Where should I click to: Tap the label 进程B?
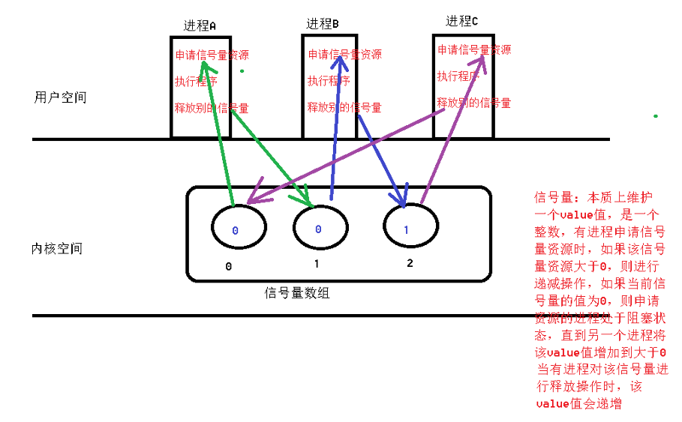(x=322, y=24)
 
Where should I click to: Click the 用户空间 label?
(x=60, y=98)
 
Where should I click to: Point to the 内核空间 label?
(x=57, y=249)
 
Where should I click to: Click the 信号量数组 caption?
(x=297, y=293)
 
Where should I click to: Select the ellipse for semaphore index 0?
(x=239, y=229)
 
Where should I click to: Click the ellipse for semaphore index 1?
(x=320, y=228)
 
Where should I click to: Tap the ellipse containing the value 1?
(x=410, y=227)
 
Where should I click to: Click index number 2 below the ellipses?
(x=410, y=263)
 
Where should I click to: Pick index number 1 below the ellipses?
(x=317, y=264)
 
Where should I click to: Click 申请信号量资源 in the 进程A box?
(x=212, y=55)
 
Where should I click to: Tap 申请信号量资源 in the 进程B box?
(x=344, y=55)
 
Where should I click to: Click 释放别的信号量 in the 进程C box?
(x=474, y=103)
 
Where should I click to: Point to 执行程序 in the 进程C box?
(x=458, y=76)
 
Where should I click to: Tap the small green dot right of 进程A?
(x=242, y=71)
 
